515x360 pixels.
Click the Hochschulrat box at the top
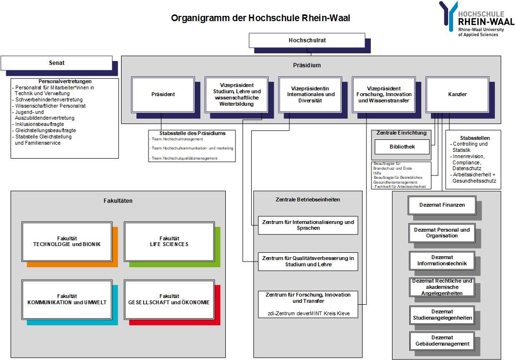[x=307, y=40]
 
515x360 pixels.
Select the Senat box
[x=56, y=63]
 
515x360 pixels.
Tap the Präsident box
[x=163, y=94]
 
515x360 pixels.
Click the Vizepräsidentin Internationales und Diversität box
[x=310, y=94]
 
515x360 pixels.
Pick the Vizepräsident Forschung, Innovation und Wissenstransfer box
[x=383, y=94]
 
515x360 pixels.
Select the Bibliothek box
[x=402, y=147]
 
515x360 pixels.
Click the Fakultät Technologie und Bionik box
[x=67, y=241]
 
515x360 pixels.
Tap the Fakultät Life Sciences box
[x=169, y=241]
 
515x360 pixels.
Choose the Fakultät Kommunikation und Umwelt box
[x=67, y=299]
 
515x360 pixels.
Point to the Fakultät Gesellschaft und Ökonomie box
[x=169, y=299]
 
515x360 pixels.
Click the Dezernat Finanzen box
[x=441, y=205]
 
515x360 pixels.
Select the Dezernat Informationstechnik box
[x=442, y=261]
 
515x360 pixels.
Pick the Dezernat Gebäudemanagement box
[x=442, y=341]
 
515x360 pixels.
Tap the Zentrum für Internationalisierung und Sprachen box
[x=308, y=225]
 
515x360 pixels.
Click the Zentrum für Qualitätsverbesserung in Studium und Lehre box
[x=308, y=261]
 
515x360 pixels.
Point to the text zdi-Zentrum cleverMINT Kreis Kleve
[x=308, y=314]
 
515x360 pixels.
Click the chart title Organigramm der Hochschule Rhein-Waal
[x=261, y=19]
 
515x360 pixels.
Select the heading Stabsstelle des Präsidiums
[x=192, y=133]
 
